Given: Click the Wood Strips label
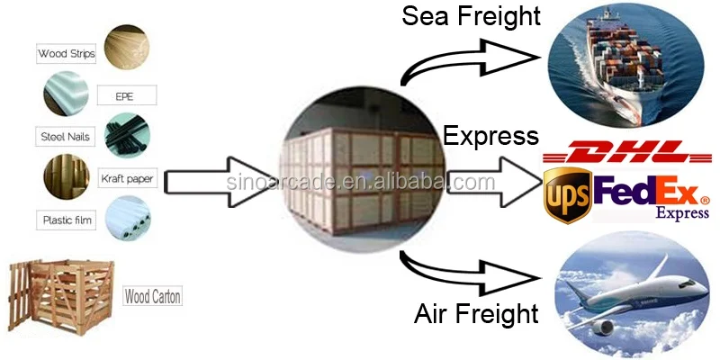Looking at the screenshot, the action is tap(67, 54).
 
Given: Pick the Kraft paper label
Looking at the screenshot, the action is tap(127, 179).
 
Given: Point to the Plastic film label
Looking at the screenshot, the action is tap(67, 220).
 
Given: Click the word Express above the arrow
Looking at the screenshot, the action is tap(490, 136).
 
